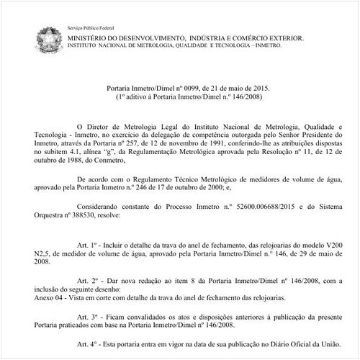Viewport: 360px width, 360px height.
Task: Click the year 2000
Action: coord(223,186)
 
